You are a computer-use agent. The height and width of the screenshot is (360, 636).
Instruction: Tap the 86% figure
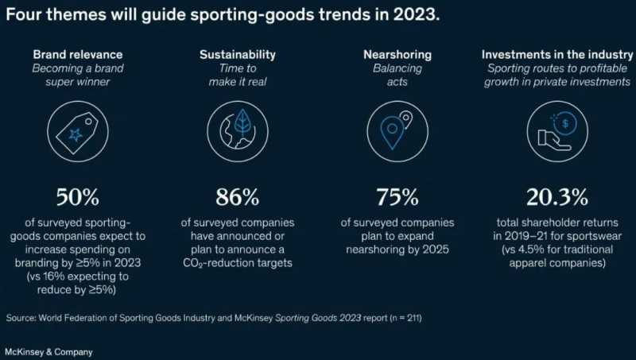click(x=237, y=196)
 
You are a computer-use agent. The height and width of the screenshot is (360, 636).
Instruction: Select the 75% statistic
click(x=397, y=196)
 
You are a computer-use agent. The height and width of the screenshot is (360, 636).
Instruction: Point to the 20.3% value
click(x=556, y=196)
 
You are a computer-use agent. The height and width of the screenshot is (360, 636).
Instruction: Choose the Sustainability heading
click(x=237, y=55)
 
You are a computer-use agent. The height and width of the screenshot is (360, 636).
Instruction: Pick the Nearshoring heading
click(x=397, y=55)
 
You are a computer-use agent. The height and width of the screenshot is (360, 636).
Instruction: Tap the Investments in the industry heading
click(x=556, y=55)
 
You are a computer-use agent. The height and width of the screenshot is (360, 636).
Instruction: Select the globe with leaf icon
click(x=237, y=130)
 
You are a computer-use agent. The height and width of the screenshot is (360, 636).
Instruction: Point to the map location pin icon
click(x=395, y=130)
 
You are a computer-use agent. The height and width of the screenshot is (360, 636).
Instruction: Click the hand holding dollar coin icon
click(x=556, y=130)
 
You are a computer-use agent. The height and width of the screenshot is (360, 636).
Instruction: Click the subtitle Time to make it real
click(x=237, y=75)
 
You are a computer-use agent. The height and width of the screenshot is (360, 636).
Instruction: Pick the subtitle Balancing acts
click(x=397, y=75)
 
